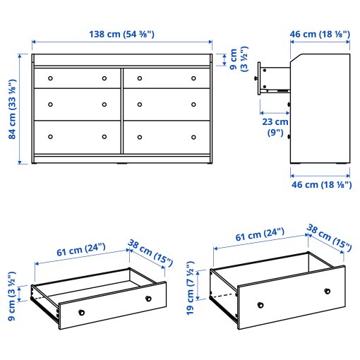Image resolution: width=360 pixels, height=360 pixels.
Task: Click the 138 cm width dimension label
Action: tap(121, 34)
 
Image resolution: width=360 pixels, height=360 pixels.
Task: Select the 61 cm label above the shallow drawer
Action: tap(80, 248)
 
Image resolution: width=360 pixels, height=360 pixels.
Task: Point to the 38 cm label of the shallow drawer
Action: tap(150, 251)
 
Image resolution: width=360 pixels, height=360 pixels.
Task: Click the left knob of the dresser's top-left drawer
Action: tap(51, 78)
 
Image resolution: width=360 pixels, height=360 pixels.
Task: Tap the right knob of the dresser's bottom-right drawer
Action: tap(193, 136)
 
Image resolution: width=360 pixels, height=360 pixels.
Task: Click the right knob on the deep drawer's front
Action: tap(327, 291)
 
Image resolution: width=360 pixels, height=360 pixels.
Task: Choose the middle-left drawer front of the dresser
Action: tap(77, 103)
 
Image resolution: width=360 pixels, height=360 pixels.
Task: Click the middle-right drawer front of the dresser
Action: tap(166, 103)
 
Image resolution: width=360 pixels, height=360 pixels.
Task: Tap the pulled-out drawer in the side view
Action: tap(275, 78)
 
